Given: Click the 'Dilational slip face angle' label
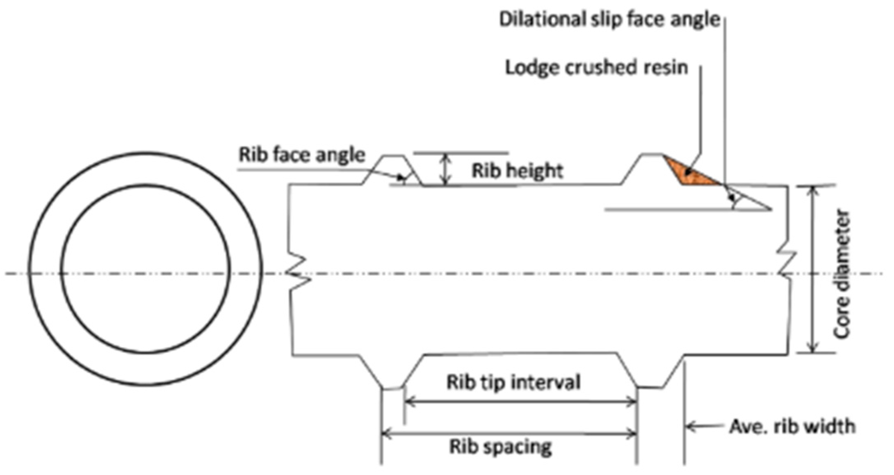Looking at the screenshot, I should tap(609, 19).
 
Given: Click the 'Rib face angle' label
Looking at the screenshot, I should tap(302, 155).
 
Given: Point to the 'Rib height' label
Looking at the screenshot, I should tap(517, 171).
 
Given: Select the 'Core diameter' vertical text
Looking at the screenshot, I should tap(842, 274).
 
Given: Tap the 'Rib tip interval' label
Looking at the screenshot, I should tap(513, 382).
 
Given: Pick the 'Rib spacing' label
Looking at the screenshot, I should tap(501, 447).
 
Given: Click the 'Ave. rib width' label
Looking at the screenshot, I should tap(792, 427).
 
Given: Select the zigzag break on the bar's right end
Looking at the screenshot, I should tap(787, 263).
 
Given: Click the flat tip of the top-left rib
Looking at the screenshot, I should tap(393, 156).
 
